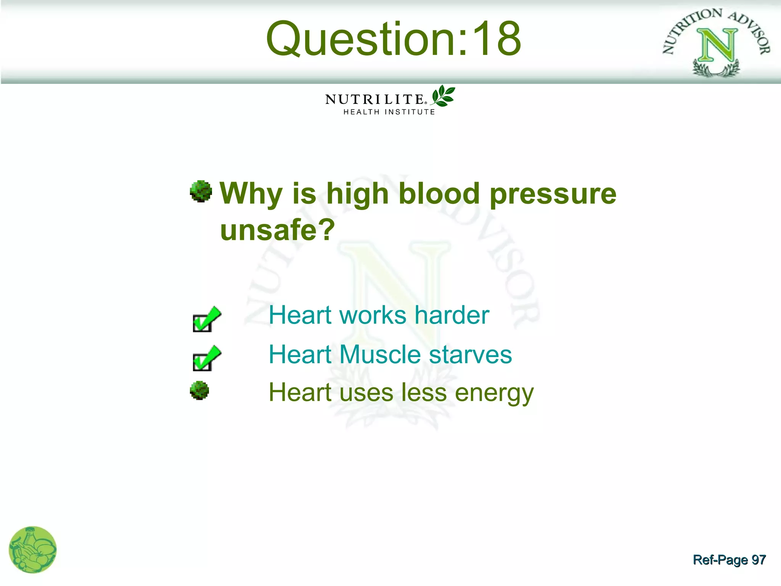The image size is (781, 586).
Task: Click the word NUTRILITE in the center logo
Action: [x=374, y=100]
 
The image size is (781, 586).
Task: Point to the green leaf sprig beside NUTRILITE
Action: [x=443, y=96]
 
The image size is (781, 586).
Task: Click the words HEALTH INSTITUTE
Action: [x=389, y=112]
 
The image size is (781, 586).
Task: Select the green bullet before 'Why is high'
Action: [x=201, y=191]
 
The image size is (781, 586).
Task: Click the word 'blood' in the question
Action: [x=439, y=193]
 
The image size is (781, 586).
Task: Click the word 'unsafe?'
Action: [x=277, y=230]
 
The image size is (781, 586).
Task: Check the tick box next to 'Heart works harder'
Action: [x=206, y=320]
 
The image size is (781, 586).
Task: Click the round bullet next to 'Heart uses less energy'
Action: [x=199, y=391]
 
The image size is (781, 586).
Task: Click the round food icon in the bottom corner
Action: [x=32, y=550]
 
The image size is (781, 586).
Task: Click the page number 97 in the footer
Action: [x=758, y=560]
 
